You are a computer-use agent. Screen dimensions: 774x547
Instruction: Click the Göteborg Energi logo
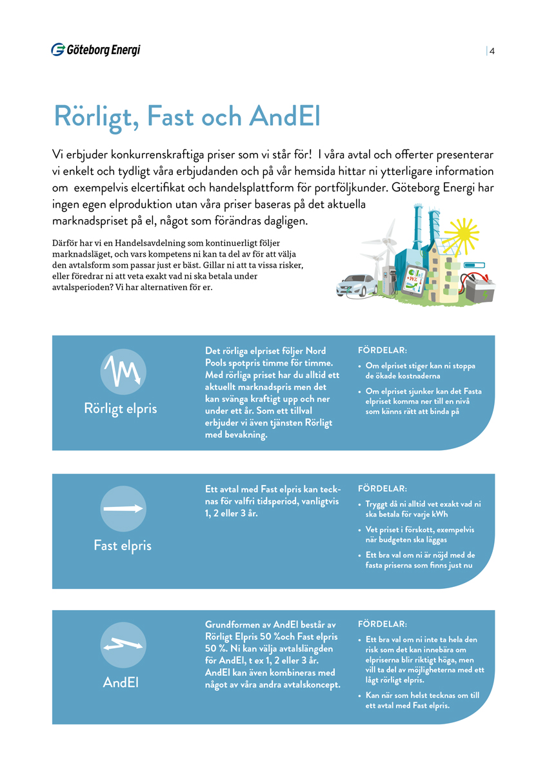pos(95,50)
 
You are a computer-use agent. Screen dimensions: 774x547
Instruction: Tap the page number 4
pos(492,52)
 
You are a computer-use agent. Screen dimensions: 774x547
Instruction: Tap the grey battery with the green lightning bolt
pos(481,288)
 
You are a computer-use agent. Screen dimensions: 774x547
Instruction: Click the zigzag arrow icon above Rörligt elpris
pos(123,372)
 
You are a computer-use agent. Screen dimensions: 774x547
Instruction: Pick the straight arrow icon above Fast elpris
pos(123,508)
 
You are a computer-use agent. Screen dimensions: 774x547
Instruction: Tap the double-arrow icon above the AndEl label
pos(123,644)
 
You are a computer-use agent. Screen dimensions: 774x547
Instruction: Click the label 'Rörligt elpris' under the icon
pos(121,410)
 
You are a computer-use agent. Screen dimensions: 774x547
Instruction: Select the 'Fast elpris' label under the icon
pos(123,546)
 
